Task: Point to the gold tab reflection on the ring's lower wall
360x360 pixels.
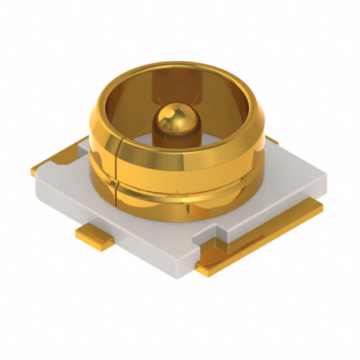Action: coord(200,211)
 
